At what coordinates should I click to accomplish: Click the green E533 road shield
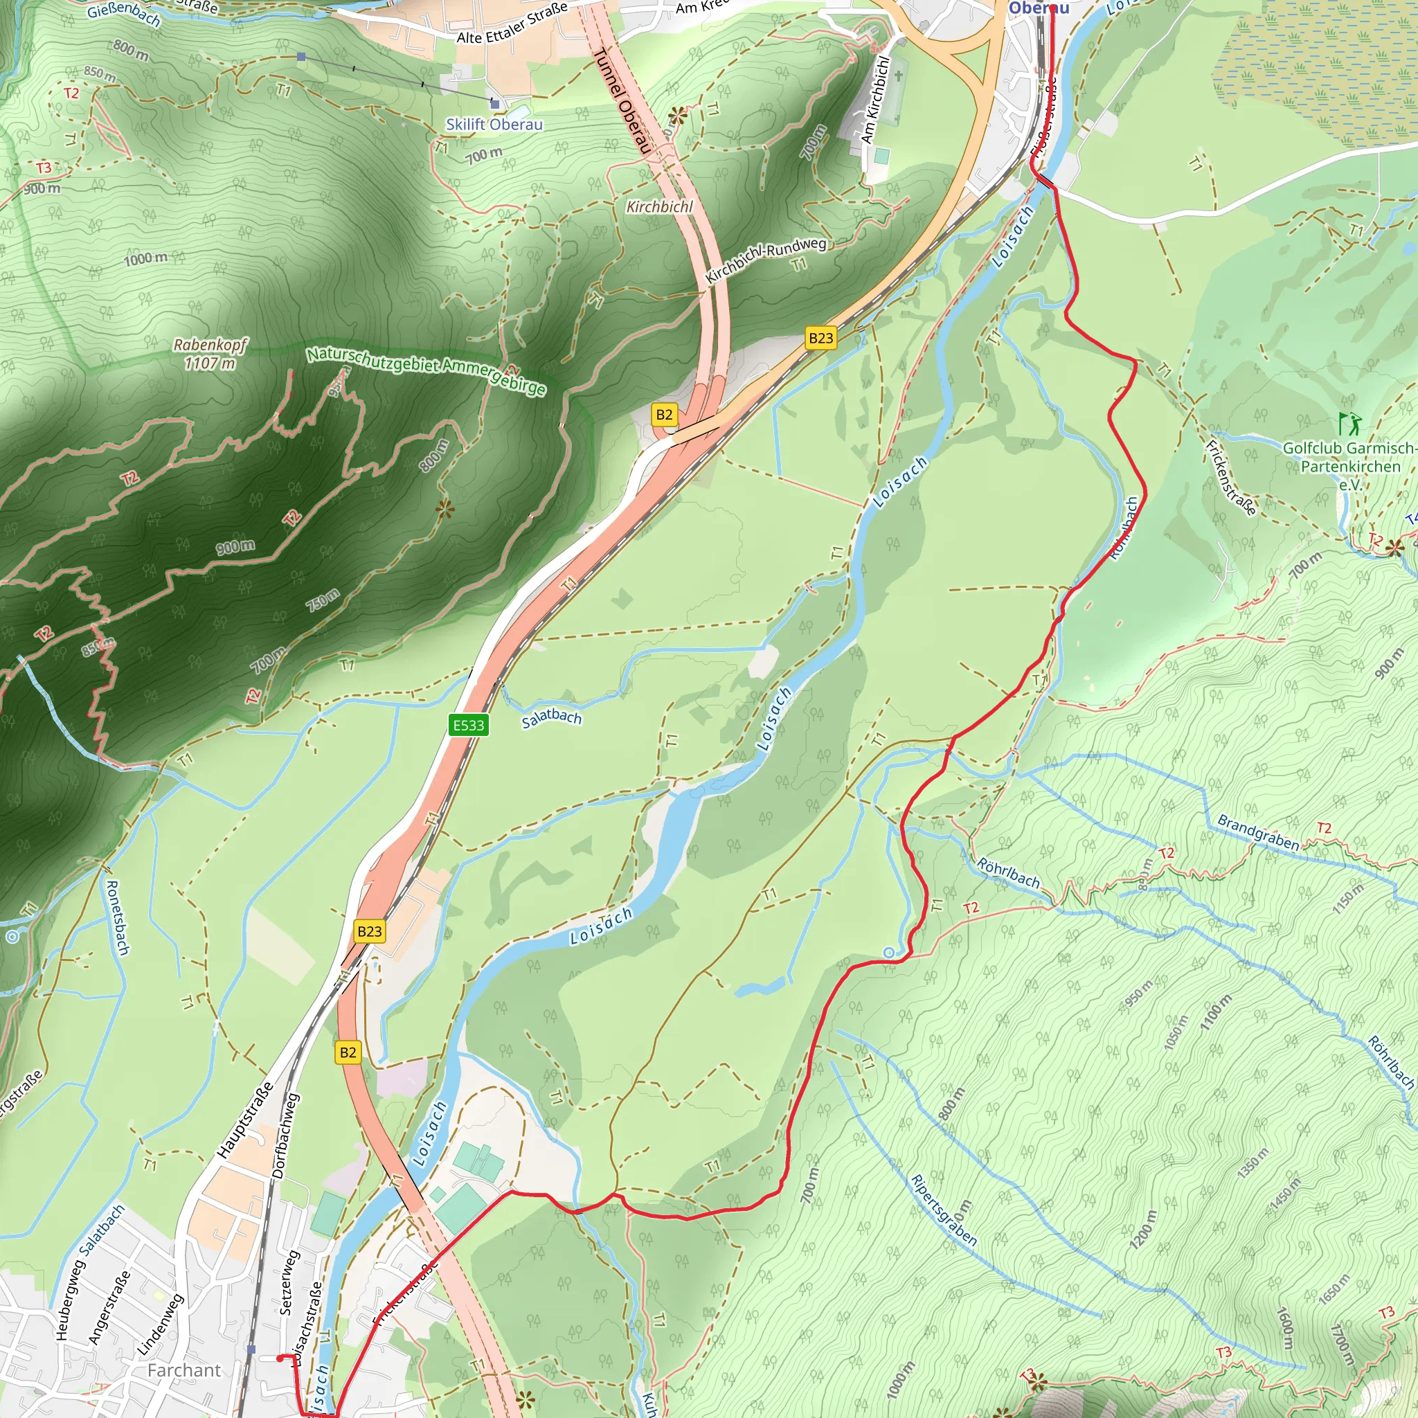tap(468, 725)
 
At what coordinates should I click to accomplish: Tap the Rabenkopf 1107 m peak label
tap(210, 354)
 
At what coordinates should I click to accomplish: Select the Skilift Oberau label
tap(494, 124)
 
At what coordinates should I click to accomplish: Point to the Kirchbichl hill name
tap(659, 207)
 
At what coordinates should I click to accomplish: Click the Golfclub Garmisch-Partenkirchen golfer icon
tap(1349, 424)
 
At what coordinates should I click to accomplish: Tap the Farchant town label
tap(183, 1370)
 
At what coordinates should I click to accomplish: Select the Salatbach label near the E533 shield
tap(551, 719)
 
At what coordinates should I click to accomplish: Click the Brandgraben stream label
tap(1258, 833)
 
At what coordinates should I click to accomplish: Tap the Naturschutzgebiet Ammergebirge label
tap(427, 370)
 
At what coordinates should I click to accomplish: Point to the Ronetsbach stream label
tap(118, 917)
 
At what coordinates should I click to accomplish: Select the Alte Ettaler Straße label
tap(512, 23)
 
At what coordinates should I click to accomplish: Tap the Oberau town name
tap(1039, 8)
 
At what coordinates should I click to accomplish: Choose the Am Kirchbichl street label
tap(875, 100)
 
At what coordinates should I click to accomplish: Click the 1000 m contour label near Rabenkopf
tap(145, 258)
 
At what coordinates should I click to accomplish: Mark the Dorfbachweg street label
tap(285, 1136)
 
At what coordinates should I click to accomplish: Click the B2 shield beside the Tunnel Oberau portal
tap(663, 415)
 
